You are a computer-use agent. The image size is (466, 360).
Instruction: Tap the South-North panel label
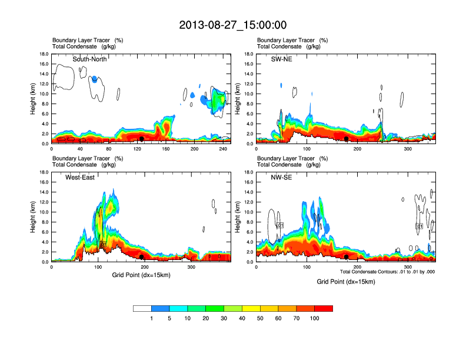pos(93,59)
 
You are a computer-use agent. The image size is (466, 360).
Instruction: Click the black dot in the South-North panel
pos(142,139)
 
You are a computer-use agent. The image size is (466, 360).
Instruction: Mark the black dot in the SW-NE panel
pos(347,139)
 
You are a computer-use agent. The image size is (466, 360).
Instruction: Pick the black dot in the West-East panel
pos(142,257)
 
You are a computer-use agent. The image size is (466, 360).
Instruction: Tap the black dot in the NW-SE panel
pos(347,257)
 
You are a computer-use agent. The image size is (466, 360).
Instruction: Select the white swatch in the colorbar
pos(142,308)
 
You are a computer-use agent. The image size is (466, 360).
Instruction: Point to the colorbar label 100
pos(315,318)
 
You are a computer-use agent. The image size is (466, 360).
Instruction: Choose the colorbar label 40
pos(242,318)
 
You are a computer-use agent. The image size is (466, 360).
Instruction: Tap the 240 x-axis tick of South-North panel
pos(224,149)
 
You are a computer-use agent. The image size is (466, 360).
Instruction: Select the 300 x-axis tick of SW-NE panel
pos(407,149)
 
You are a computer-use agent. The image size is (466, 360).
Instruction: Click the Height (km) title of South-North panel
pos(34,99)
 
